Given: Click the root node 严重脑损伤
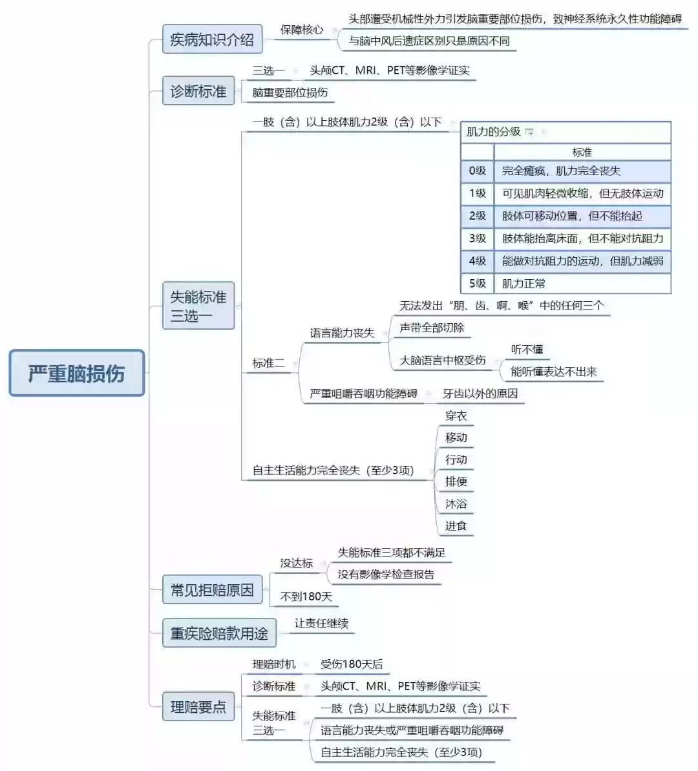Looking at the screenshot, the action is [77, 373].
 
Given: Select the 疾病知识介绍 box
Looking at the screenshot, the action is [212, 39].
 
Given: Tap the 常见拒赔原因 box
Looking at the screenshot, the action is [212, 589].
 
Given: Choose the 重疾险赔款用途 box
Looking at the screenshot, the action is [219, 633].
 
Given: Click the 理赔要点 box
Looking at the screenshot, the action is [198, 706].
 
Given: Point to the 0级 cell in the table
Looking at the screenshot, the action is [477, 171].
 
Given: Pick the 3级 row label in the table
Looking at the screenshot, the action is [477, 238].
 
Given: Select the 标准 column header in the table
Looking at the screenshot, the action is [582, 153].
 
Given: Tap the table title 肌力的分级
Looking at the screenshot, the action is [493, 132].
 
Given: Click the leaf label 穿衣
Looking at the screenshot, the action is [456, 416].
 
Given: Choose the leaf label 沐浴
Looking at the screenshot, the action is [456, 504].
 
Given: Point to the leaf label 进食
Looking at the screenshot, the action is [456, 525].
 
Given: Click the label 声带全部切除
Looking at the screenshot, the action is [432, 328].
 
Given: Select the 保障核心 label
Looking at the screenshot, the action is [302, 30].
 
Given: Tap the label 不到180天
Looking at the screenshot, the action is [306, 597].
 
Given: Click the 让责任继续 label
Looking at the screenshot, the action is [322, 624].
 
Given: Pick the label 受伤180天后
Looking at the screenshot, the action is [352, 664].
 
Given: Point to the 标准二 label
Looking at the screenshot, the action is [269, 363].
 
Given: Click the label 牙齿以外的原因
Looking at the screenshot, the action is [480, 394].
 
